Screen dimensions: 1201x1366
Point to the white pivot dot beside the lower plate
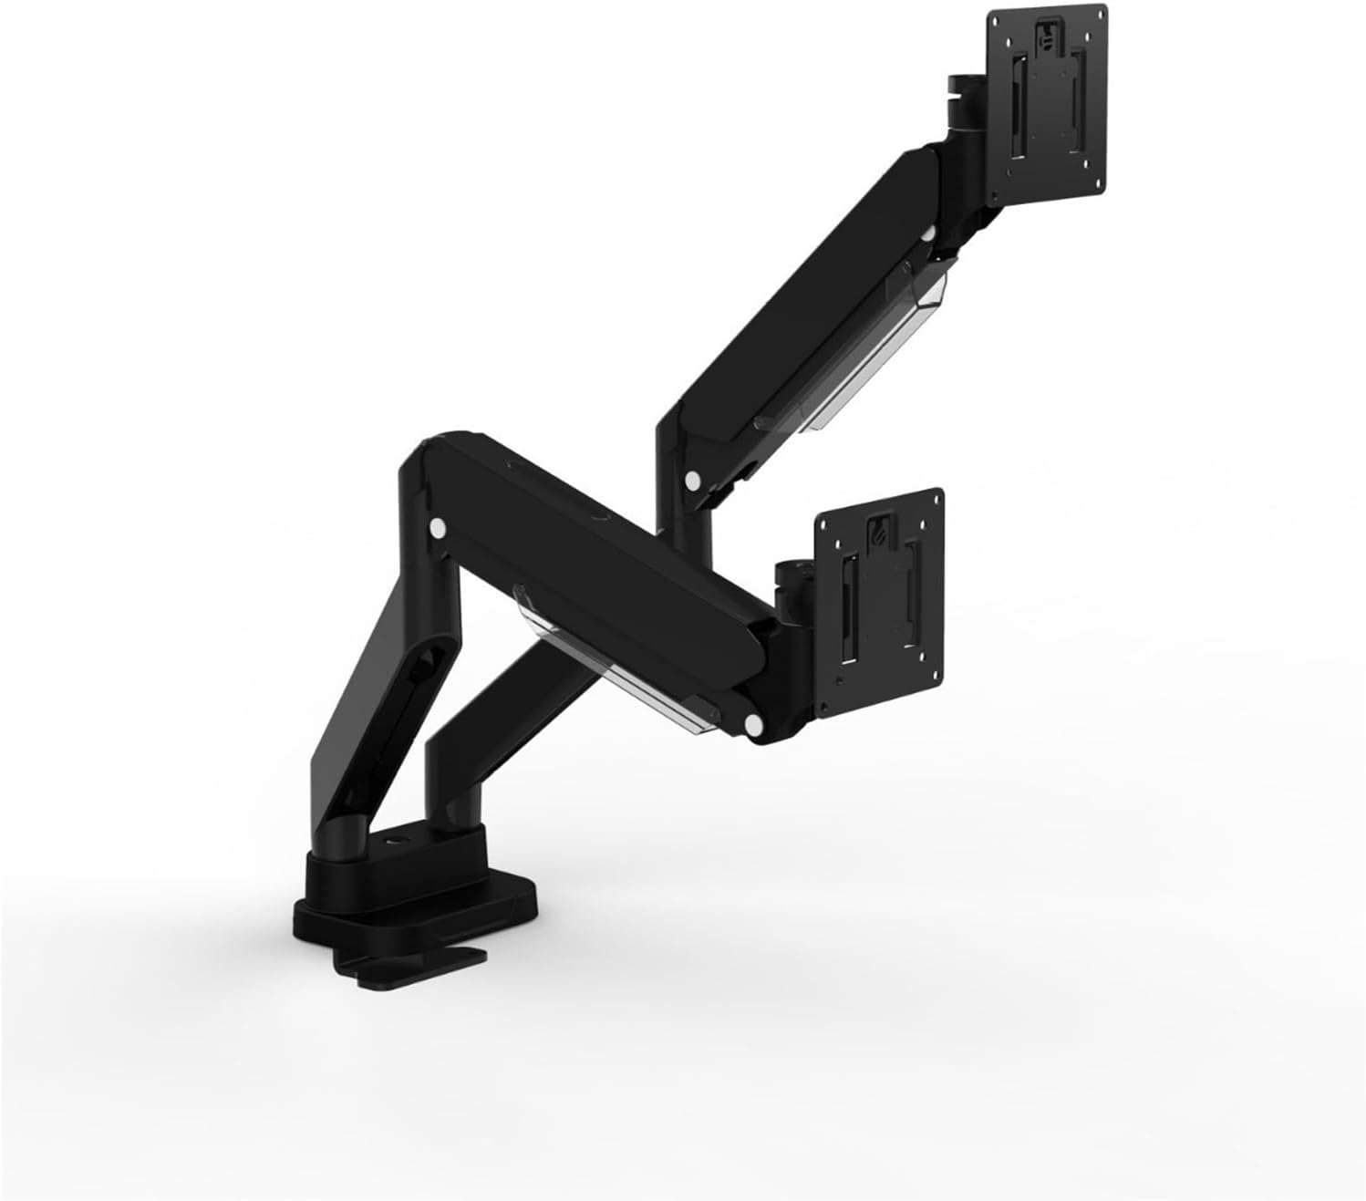pos(753,725)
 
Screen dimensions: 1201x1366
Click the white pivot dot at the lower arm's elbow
pos(437,527)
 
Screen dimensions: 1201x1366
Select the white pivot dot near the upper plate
pos(927,235)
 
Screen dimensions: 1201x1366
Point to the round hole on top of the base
pos(398,842)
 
